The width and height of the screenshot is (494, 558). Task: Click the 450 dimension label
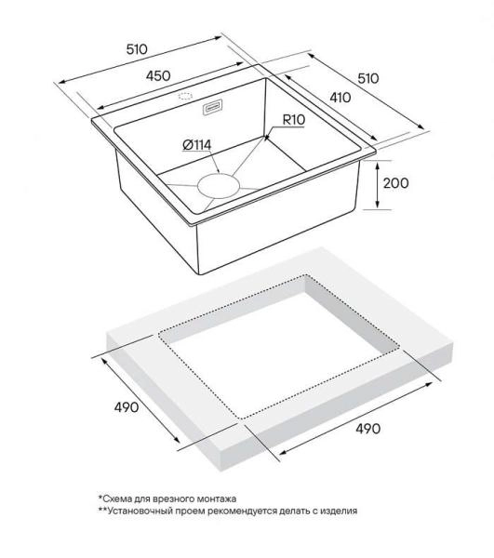(x=158, y=76)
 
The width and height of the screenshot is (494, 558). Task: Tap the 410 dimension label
(x=340, y=97)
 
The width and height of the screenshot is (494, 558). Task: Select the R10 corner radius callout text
(x=294, y=120)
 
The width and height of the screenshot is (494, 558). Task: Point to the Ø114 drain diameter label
(x=196, y=144)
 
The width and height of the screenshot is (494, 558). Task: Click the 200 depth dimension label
(x=395, y=183)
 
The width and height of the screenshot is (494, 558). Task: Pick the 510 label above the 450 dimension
(x=137, y=49)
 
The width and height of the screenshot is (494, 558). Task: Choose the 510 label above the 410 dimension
(x=368, y=78)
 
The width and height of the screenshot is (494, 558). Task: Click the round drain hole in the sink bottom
(x=219, y=186)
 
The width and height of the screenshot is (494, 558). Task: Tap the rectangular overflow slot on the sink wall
(x=213, y=107)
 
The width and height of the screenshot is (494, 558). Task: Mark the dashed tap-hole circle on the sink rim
(x=185, y=96)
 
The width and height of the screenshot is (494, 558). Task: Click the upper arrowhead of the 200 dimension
(x=378, y=164)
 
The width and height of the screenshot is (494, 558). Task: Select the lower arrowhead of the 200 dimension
(x=378, y=205)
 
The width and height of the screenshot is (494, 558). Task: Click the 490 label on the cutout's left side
(x=126, y=406)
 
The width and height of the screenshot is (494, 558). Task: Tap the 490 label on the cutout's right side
(x=368, y=428)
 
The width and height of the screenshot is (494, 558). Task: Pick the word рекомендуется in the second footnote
(x=241, y=511)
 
